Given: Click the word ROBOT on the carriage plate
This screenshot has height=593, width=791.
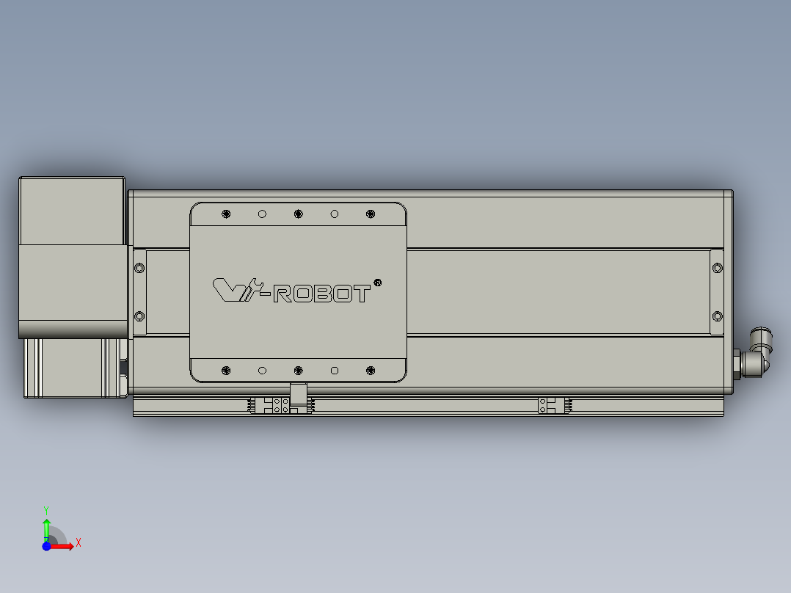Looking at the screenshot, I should click(321, 294).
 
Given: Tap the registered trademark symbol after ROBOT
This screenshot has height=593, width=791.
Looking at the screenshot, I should click(377, 282).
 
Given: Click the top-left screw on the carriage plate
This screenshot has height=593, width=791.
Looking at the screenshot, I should click(226, 214).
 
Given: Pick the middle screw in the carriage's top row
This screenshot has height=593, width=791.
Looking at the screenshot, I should click(298, 214).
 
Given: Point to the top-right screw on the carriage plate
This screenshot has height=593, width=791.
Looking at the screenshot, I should click(370, 214).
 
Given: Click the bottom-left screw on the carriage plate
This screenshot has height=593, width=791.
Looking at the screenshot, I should click(226, 370).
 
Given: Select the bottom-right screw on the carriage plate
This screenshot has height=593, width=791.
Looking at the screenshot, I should click(370, 370).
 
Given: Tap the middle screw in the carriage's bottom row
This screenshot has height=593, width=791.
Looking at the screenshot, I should click(298, 370).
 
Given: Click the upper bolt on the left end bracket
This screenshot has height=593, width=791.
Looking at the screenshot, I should click(139, 268).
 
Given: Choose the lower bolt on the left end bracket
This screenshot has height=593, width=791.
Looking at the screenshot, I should click(139, 316).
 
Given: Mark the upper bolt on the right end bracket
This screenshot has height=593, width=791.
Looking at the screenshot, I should click(718, 268).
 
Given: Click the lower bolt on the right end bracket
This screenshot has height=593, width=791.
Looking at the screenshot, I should click(718, 316).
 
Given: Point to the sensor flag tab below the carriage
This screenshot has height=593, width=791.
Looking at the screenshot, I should click(297, 394).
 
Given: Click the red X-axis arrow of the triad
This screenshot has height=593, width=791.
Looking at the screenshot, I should click(64, 546).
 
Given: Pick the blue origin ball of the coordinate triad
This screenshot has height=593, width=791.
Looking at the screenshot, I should click(46, 546).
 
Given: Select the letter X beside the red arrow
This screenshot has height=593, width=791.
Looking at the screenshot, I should click(79, 543).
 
